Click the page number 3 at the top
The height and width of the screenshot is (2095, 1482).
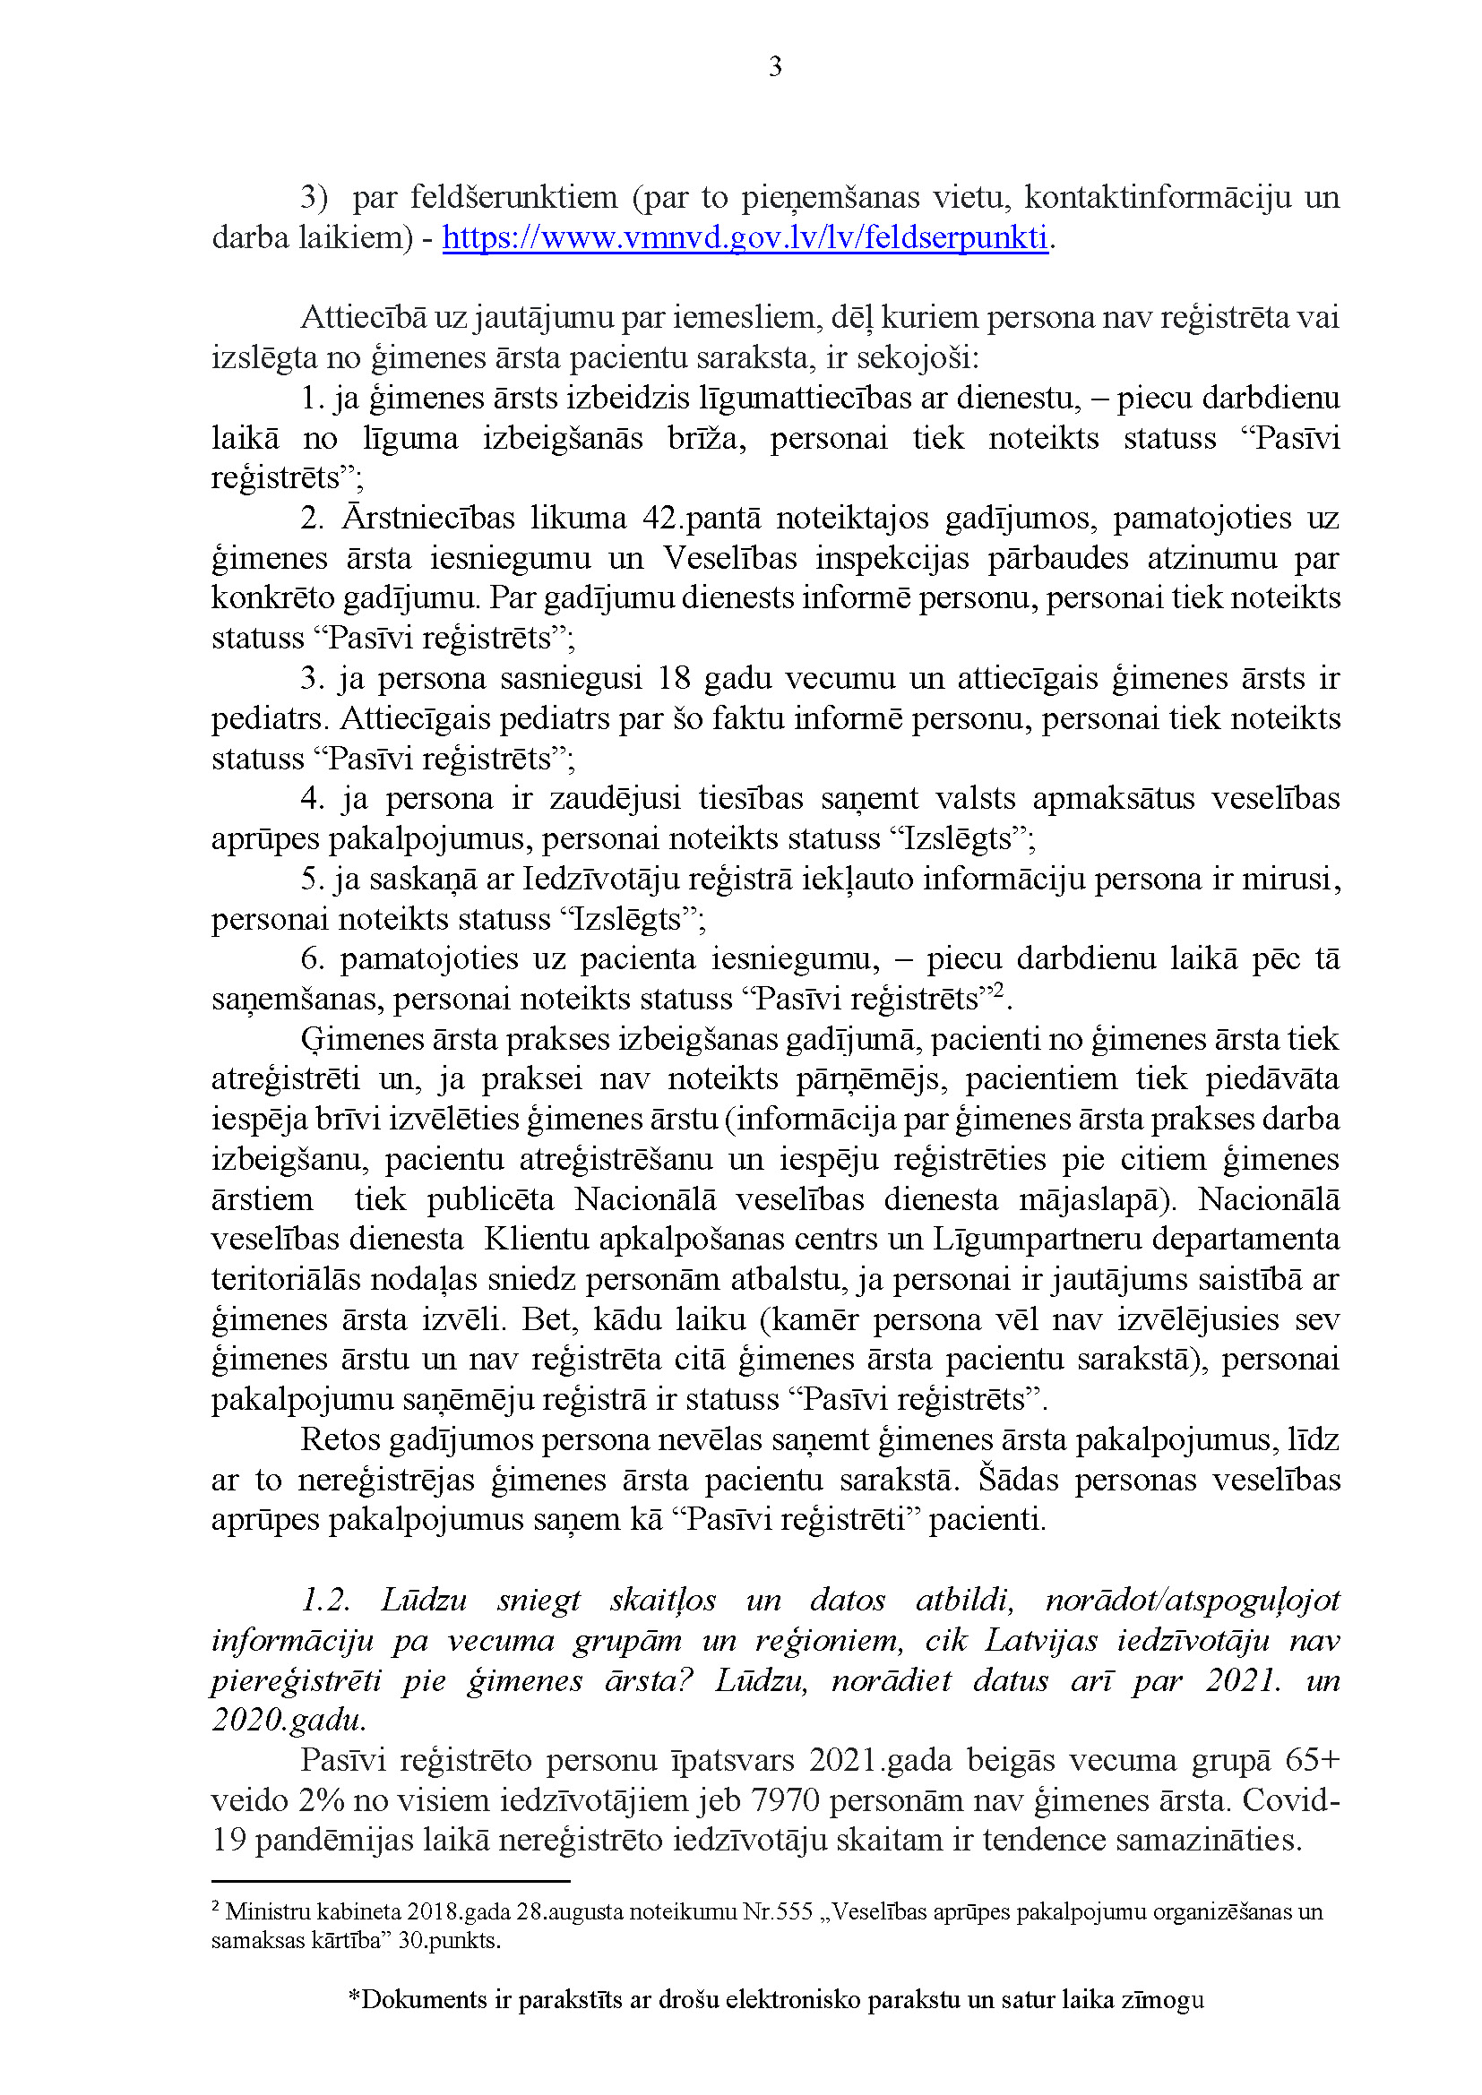(x=775, y=66)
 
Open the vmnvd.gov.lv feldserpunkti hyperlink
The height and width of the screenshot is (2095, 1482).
(x=745, y=237)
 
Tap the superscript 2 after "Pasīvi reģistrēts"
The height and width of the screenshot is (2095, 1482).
(x=997, y=991)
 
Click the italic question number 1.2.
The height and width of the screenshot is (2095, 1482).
(x=326, y=1600)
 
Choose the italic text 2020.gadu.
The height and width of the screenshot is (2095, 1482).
(x=289, y=1720)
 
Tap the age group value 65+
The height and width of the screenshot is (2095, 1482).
(x=1313, y=1760)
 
